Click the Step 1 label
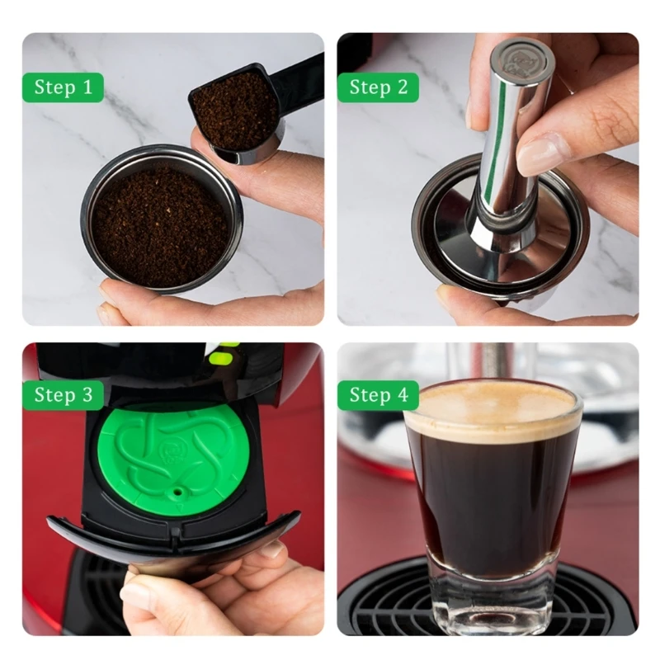click(64, 87)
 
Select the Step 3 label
click(64, 395)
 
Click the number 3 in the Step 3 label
click(87, 395)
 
